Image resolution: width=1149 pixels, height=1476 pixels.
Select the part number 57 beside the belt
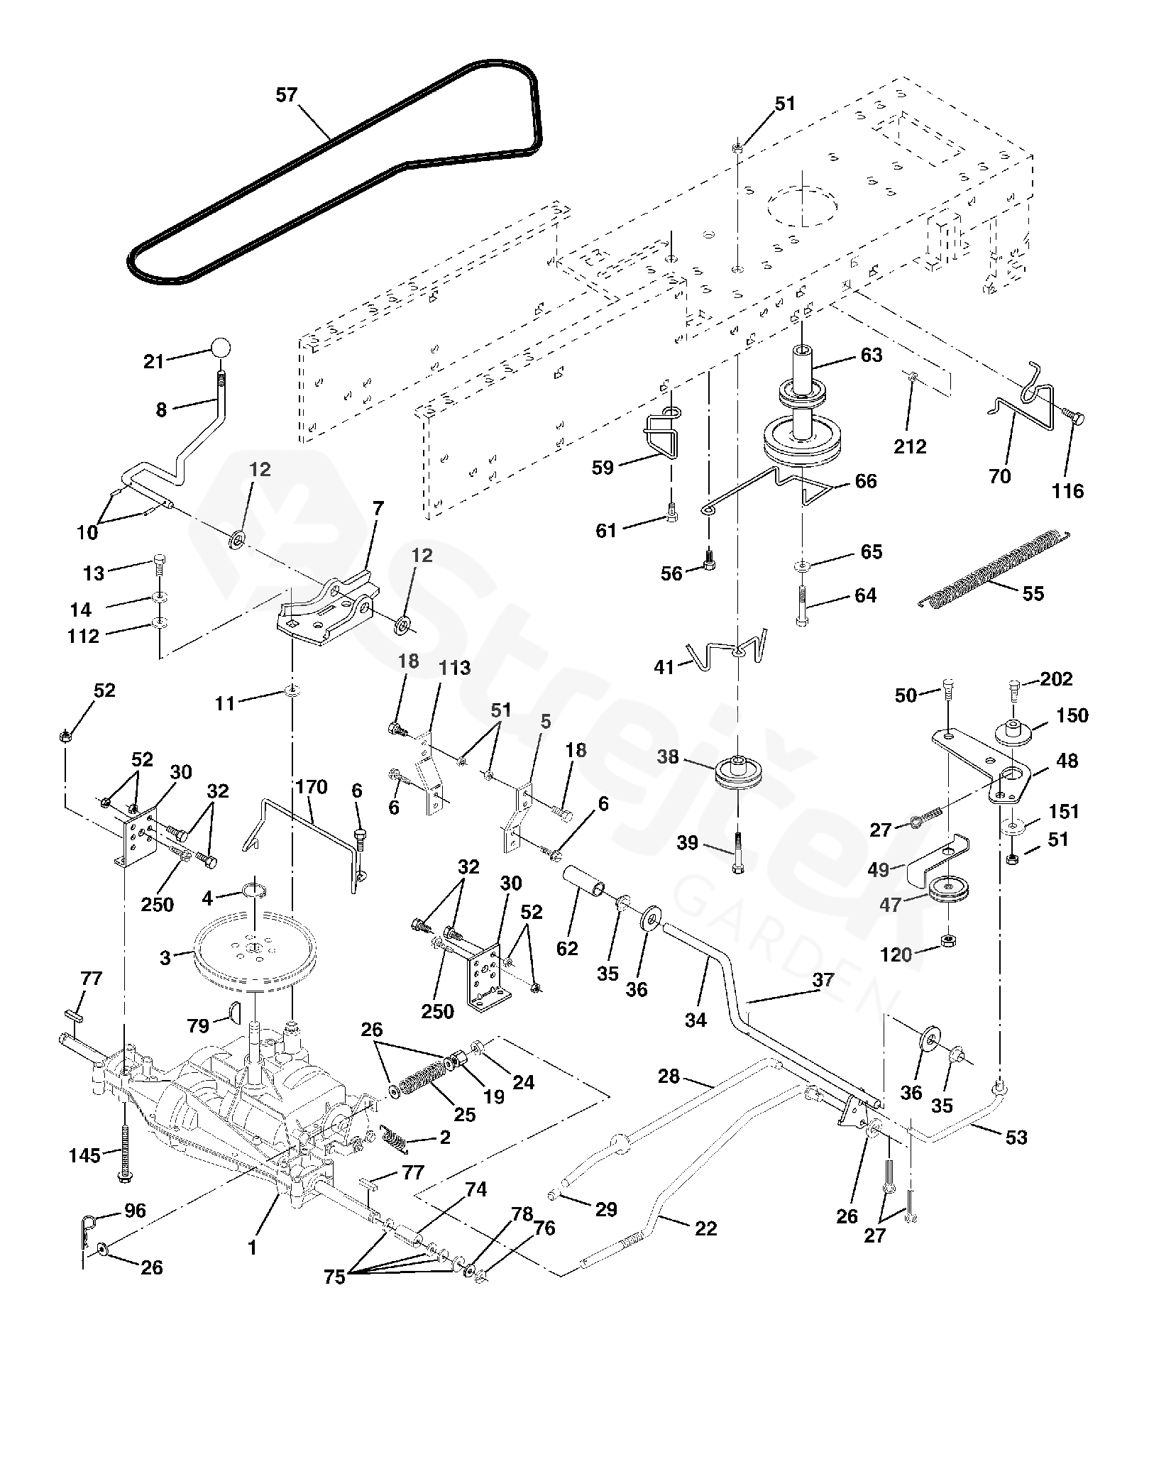click(287, 95)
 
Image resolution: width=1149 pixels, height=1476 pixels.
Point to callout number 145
click(85, 1155)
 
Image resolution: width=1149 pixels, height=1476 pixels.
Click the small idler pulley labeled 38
click(738, 776)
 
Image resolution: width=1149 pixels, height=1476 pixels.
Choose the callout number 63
click(871, 354)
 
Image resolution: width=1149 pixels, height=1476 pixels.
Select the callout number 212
click(911, 446)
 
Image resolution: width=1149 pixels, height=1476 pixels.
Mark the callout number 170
click(312, 786)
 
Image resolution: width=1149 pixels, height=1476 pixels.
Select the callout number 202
click(1056, 678)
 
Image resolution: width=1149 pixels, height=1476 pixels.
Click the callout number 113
click(454, 668)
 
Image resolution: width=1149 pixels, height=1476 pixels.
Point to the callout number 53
click(1016, 1137)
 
